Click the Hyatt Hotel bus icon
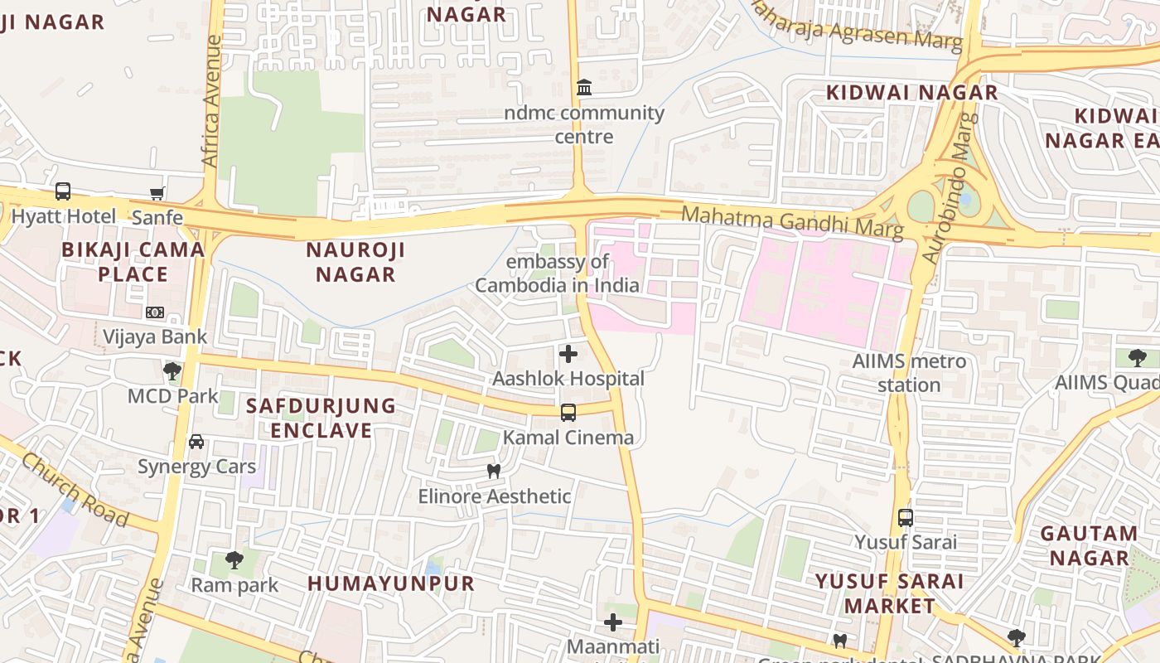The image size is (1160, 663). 63,191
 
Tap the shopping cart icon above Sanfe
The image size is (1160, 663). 157,193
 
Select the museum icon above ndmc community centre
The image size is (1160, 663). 584,87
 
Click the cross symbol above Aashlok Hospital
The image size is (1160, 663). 568,355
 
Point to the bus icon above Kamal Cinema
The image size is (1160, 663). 568,412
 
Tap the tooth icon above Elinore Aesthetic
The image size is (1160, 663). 494,471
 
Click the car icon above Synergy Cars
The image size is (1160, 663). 196,441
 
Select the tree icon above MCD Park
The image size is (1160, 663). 172,370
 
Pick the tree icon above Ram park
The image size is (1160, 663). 234,559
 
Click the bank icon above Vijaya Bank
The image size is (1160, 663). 155,312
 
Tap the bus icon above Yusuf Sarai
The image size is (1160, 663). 906,517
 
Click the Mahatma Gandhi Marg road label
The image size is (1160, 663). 791,221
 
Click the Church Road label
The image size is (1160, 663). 75,489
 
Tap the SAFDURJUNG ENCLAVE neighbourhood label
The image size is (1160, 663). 321,418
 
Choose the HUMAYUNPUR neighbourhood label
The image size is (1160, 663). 391,583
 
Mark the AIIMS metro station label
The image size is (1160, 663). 909,373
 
